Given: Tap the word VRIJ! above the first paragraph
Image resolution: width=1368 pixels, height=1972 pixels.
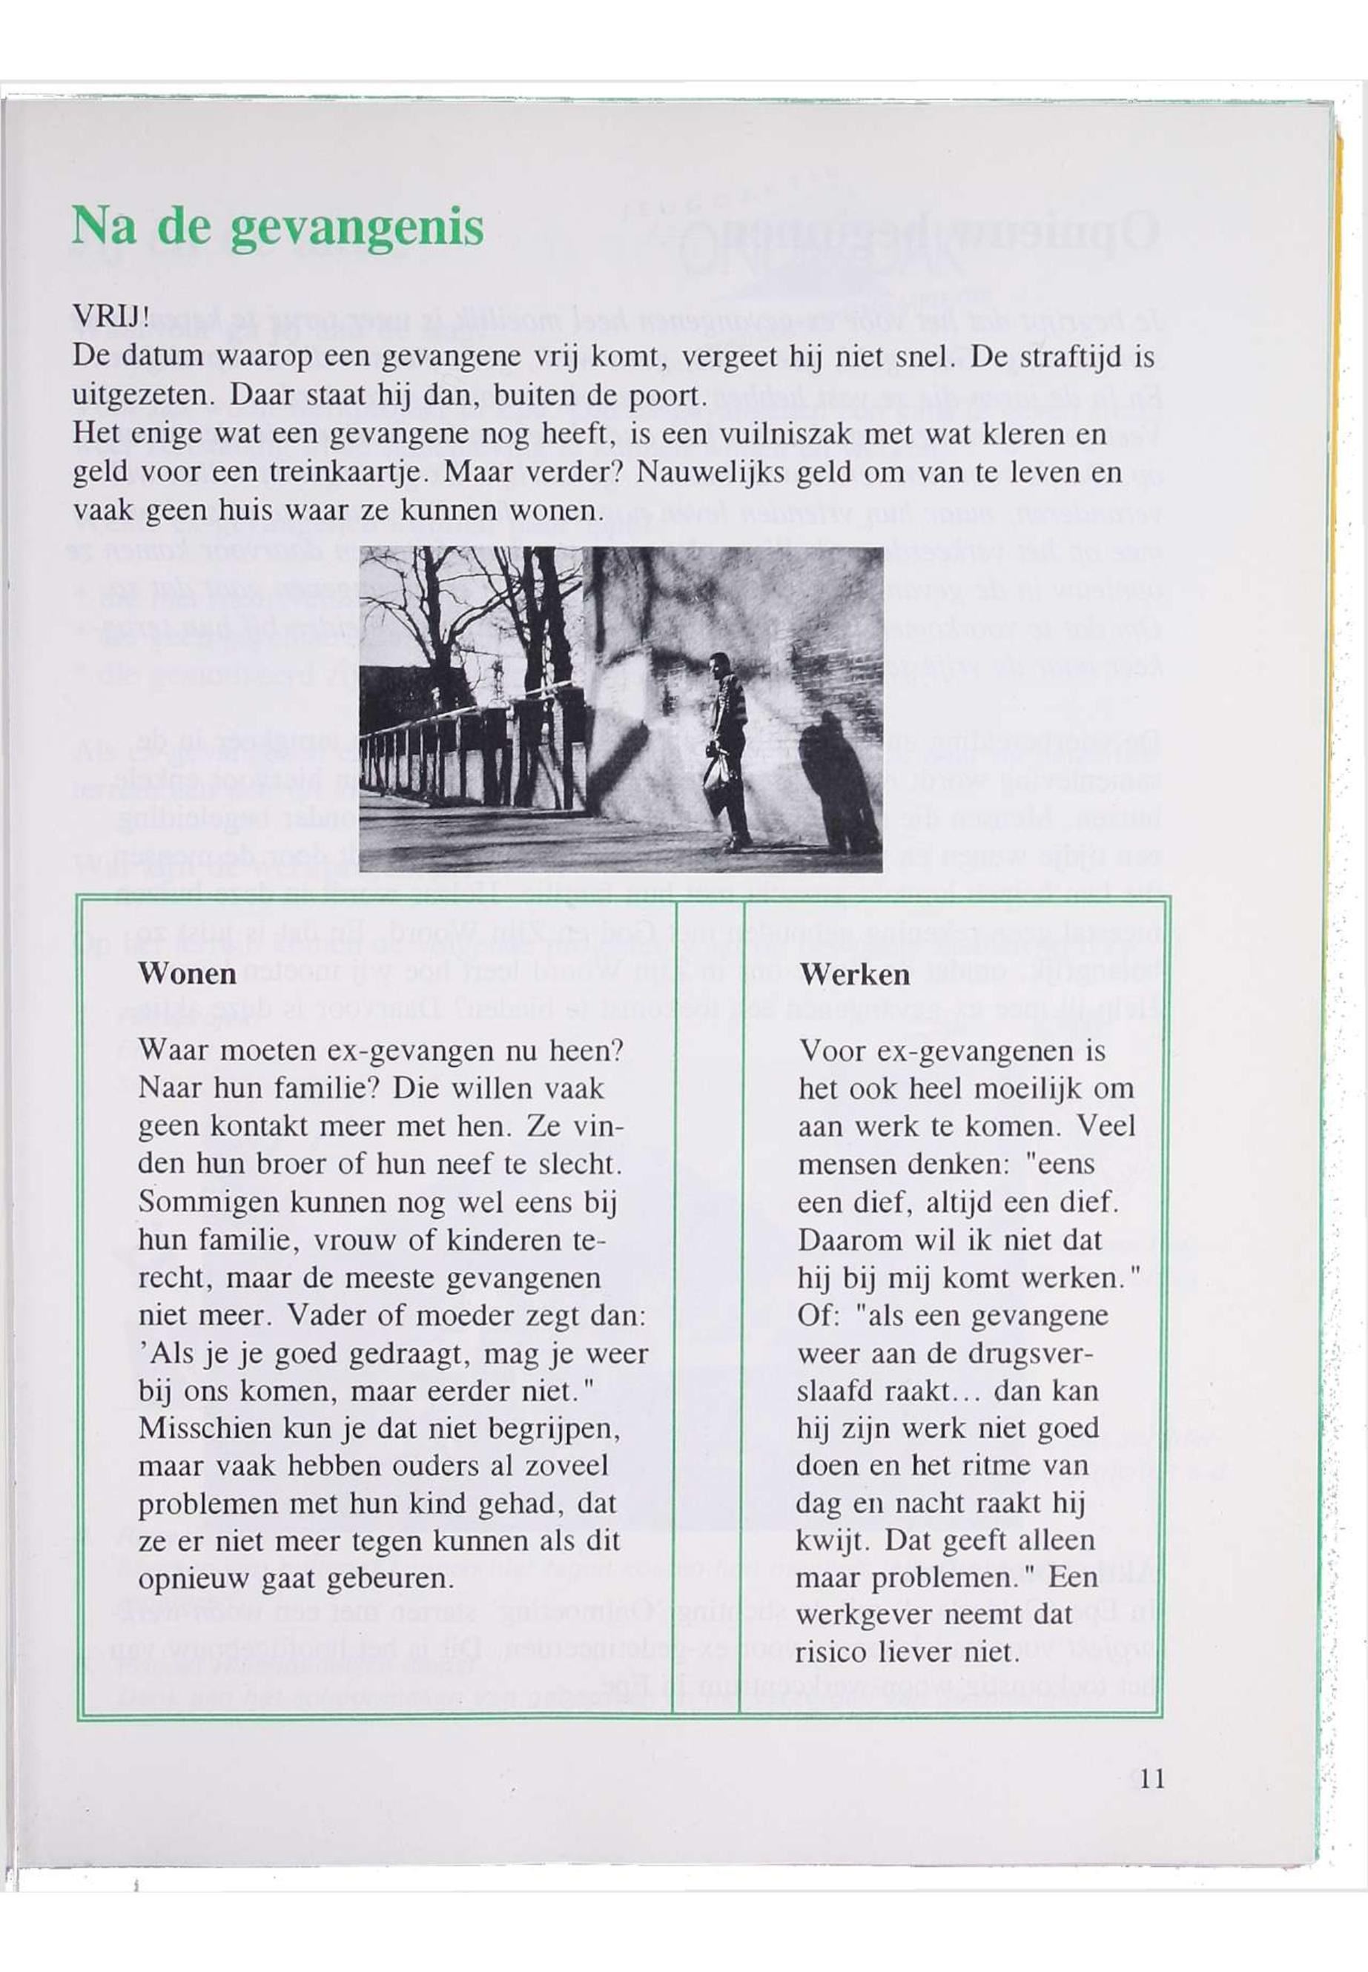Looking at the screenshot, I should click(x=111, y=317).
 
